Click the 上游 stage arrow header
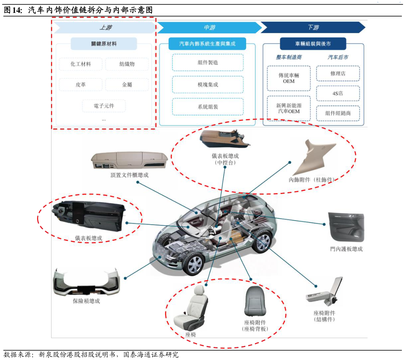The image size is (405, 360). [x=104, y=28]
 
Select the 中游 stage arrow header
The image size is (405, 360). [x=209, y=28]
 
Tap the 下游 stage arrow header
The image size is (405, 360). [x=313, y=28]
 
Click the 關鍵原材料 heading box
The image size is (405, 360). [x=104, y=44]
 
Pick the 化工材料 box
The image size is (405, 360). [x=81, y=64]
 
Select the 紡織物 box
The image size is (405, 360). [x=127, y=64]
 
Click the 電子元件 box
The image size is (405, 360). [x=104, y=106]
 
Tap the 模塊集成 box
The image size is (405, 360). [x=208, y=85]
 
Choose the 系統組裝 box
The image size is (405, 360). [x=208, y=107]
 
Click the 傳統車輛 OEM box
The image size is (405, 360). [x=289, y=78]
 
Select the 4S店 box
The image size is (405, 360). [x=338, y=93]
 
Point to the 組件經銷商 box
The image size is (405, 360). [x=338, y=113]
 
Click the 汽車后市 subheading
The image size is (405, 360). [x=338, y=57]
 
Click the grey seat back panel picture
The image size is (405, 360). [x=255, y=302]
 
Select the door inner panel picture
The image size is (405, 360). [x=346, y=228]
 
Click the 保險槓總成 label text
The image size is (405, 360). [x=86, y=301]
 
